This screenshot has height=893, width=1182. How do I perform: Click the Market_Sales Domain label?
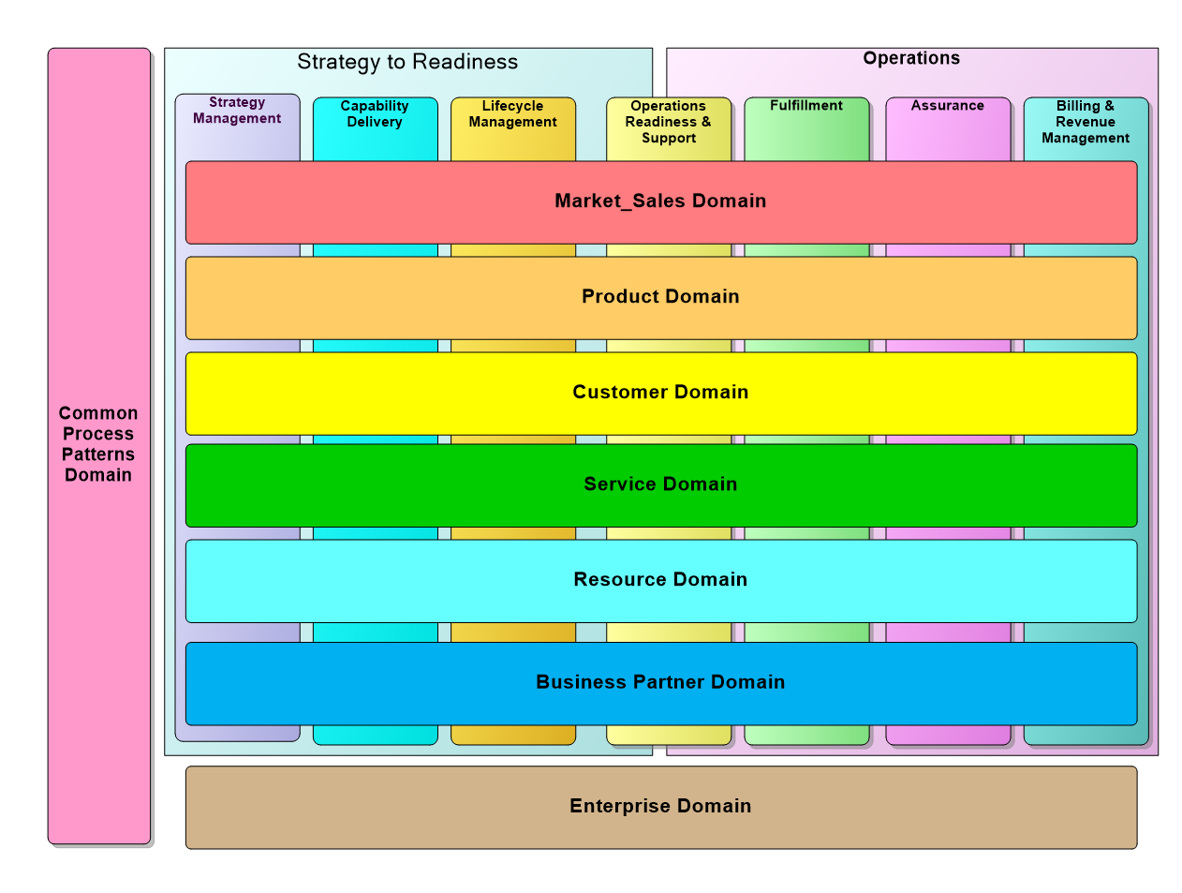tap(660, 201)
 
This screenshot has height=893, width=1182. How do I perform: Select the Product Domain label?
tap(660, 296)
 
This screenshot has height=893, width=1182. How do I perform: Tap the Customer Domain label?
tap(660, 392)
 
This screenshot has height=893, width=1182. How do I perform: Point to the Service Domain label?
tap(660, 484)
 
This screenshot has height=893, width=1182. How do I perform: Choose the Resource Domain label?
tap(660, 579)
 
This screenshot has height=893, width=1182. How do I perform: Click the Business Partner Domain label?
tap(660, 682)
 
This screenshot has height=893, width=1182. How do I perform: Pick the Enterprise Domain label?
tap(660, 806)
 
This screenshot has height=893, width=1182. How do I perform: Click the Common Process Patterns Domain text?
tap(98, 444)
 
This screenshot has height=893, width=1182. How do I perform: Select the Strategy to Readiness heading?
tap(407, 62)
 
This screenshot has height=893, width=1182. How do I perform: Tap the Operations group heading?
tap(911, 58)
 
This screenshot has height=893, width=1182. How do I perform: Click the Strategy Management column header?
tap(237, 111)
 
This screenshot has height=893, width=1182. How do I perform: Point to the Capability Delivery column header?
tap(375, 114)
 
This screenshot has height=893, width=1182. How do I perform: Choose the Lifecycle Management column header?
tap(512, 114)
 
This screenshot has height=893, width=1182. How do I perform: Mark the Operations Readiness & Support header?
tap(668, 122)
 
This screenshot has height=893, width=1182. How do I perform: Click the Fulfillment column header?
tap(806, 106)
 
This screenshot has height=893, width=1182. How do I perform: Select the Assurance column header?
tap(948, 106)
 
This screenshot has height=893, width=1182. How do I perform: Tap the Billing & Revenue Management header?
tap(1086, 122)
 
